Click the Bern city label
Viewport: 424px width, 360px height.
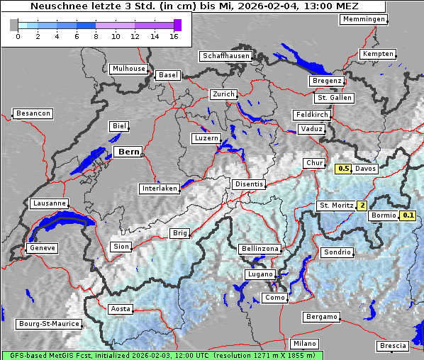pos(129,152)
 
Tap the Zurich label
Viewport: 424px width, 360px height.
pos(223,94)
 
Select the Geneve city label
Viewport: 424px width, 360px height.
pos(42,248)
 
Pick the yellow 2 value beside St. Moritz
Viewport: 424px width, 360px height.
pos(362,206)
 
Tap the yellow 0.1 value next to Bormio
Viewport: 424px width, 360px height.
pos(408,215)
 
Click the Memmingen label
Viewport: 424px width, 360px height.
pos(364,19)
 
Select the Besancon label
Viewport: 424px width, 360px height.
pos(33,113)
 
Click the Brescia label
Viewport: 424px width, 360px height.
pos(394,345)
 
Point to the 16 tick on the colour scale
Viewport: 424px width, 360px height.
pos(174,35)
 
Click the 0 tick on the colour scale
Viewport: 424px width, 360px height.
pos(18,35)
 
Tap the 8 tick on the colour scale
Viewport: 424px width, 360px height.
pos(96,35)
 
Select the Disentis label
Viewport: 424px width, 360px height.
pos(249,184)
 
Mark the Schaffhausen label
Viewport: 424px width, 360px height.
pos(225,55)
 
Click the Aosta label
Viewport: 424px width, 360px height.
pos(120,309)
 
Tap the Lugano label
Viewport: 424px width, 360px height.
pos(260,274)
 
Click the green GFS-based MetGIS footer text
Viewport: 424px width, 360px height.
pos(162,355)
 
